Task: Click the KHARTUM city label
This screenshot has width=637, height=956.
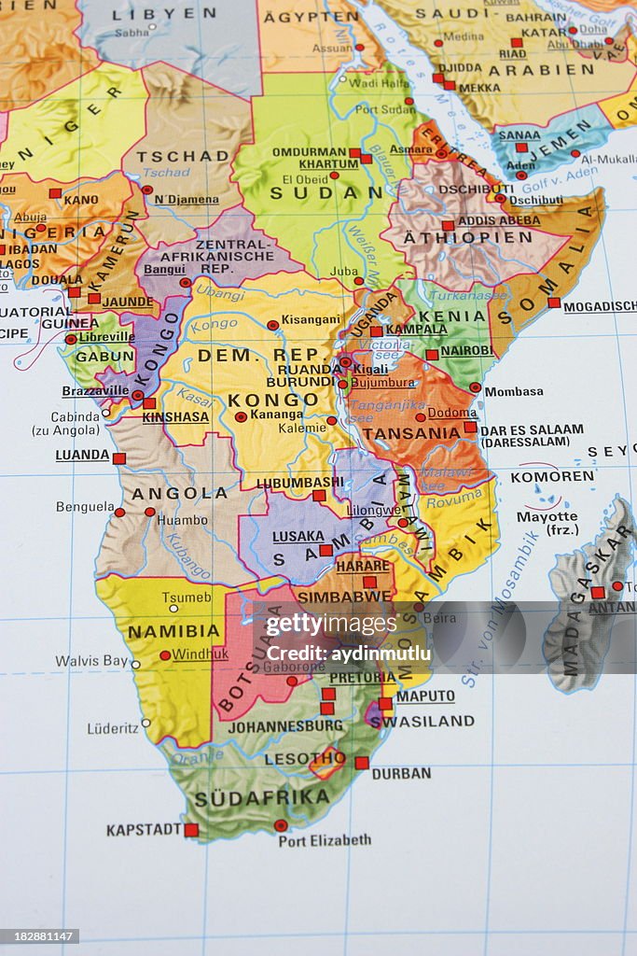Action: pos(328,164)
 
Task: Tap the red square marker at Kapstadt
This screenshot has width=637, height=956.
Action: pos(191,829)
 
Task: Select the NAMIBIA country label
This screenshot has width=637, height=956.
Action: pos(173,631)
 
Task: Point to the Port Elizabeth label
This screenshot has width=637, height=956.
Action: pos(325,840)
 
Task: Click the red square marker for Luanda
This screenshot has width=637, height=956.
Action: pos(118,458)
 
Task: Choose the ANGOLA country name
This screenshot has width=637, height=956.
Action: pos(179,493)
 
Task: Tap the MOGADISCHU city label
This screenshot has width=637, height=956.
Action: pos(600,306)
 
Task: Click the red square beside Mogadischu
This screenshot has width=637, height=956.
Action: pos(554,302)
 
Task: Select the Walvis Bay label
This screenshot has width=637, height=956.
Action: pos(91,660)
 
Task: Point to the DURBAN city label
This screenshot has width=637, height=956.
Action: pos(401,773)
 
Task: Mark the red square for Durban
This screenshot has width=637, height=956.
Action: pos(361,763)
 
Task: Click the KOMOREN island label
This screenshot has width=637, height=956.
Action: pos(552,476)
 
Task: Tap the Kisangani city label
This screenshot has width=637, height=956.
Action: pos(311,319)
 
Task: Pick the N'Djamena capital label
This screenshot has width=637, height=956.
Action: pos(187,199)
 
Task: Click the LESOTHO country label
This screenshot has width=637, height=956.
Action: pos(305,758)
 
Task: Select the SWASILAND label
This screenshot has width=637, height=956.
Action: pos(422,721)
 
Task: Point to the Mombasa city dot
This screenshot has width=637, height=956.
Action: pos(475,387)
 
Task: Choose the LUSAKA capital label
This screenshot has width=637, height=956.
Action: pos(298,537)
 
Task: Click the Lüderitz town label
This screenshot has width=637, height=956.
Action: pos(113,728)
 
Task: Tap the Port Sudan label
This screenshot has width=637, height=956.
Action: pos(385,108)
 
